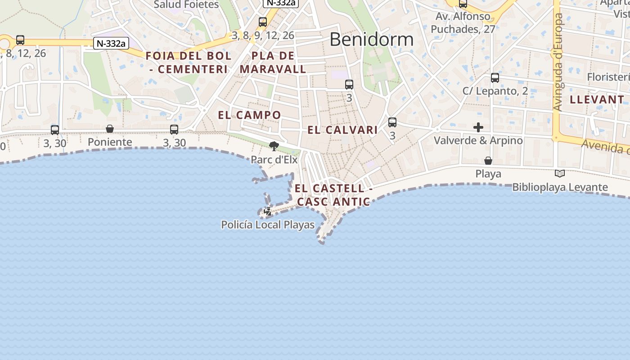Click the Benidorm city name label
click(x=371, y=40)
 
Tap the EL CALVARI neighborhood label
click(x=342, y=130)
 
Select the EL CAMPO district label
click(x=249, y=115)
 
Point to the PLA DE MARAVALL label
click(x=273, y=63)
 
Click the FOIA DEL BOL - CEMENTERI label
click(x=189, y=63)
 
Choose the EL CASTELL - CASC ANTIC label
click(x=334, y=195)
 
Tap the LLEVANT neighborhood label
click(x=597, y=99)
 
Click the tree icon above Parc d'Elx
click(x=274, y=146)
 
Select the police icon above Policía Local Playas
click(x=268, y=211)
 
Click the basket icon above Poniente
click(x=110, y=129)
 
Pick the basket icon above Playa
click(x=488, y=161)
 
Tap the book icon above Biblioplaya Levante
click(x=560, y=174)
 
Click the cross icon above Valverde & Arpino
click(x=478, y=127)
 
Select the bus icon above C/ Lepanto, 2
click(x=495, y=78)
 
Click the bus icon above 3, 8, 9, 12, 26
click(x=263, y=22)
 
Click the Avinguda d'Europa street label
click(x=558, y=62)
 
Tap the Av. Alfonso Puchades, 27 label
click(x=463, y=23)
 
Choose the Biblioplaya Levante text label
click(x=560, y=187)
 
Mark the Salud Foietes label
click(x=186, y=4)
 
